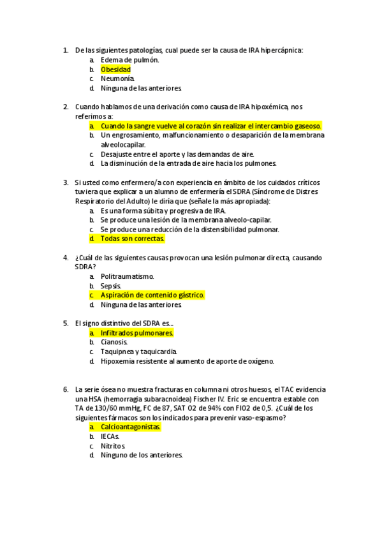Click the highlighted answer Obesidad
[115, 69]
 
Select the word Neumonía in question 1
[118, 78]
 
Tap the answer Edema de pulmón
[129, 59]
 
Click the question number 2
[66, 107]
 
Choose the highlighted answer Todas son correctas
[133, 239]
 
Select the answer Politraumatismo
[128, 276]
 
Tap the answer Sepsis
[111, 286]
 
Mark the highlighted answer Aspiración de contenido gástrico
[152, 295]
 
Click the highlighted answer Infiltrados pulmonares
[137, 333]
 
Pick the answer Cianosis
[114, 342]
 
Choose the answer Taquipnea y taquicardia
[138, 352]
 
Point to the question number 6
[66, 389]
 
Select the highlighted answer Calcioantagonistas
[131, 427]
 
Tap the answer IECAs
[110, 436]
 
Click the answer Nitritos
[113, 446]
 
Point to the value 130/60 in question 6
[98, 408]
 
